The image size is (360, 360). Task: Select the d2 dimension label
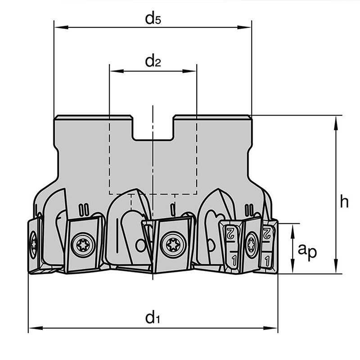click(x=153, y=62)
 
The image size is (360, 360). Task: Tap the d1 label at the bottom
click(x=153, y=318)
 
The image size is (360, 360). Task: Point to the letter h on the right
click(x=344, y=202)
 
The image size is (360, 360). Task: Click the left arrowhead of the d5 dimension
click(x=58, y=27)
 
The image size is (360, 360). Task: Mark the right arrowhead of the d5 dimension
click(x=247, y=27)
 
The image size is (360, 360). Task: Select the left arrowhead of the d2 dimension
click(x=113, y=71)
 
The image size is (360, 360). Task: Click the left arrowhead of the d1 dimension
click(x=32, y=328)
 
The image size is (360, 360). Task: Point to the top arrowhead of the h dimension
click(x=336, y=120)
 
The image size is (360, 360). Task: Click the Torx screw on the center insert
click(x=173, y=244)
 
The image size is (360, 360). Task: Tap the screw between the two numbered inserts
click(x=251, y=245)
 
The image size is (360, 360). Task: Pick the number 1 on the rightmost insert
click(x=268, y=260)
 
